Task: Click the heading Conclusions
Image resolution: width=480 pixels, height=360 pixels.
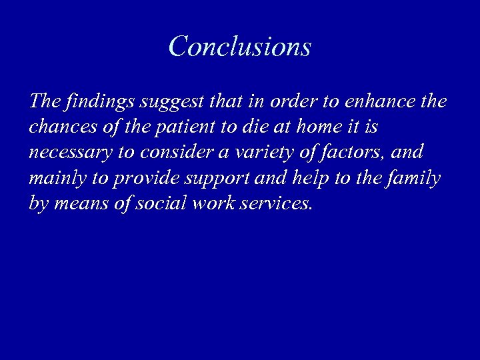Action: point(240,47)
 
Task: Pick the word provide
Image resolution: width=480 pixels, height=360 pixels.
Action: point(141,179)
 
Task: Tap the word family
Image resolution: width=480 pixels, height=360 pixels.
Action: point(415,179)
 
